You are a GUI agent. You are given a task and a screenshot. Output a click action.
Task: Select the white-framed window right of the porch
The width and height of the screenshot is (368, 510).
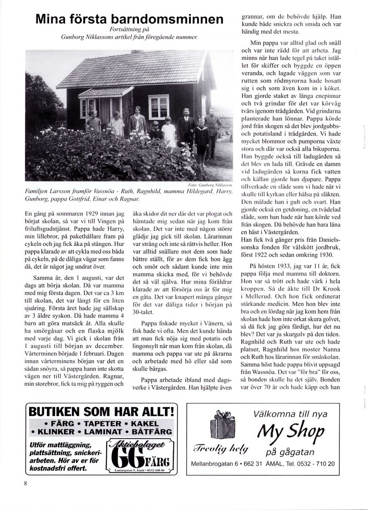[158, 107]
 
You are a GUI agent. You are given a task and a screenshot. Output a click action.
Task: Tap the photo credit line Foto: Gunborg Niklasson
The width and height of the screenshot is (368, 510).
[209, 186]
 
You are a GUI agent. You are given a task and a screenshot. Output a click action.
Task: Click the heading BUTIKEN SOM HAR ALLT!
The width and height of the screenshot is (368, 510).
[101, 412]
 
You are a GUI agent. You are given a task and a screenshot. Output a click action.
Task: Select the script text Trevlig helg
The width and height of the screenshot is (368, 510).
[220, 450]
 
